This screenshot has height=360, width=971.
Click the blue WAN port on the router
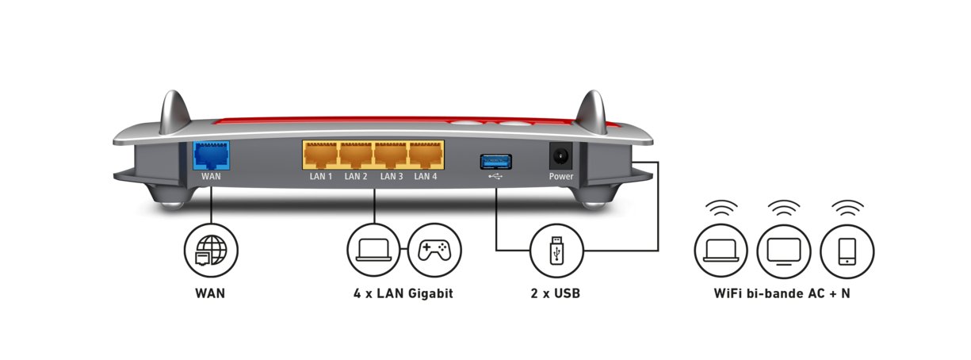point(211,155)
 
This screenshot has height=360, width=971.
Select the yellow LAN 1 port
point(320,155)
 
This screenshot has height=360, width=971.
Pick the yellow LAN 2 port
point(355,155)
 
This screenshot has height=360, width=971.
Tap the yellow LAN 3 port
point(391,155)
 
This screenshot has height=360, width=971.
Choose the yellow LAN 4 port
point(426,155)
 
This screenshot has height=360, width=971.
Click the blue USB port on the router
point(496,162)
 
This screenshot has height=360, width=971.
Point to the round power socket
point(561,155)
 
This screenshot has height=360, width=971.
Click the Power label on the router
point(561,177)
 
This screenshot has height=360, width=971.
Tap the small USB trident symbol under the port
point(495,177)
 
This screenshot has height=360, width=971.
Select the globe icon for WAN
point(211,251)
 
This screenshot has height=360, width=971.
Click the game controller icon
point(434,251)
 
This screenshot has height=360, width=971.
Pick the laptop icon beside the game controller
point(373,251)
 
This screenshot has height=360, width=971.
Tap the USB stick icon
point(556,251)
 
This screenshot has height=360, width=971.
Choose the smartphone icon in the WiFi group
point(847,251)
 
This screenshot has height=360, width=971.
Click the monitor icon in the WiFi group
point(784,251)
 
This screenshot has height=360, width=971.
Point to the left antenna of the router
point(174,112)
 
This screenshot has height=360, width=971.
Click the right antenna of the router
point(591,112)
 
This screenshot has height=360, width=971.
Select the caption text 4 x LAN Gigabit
point(403,293)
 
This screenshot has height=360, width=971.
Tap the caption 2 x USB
point(556,293)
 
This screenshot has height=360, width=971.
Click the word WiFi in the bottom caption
point(728,293)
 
